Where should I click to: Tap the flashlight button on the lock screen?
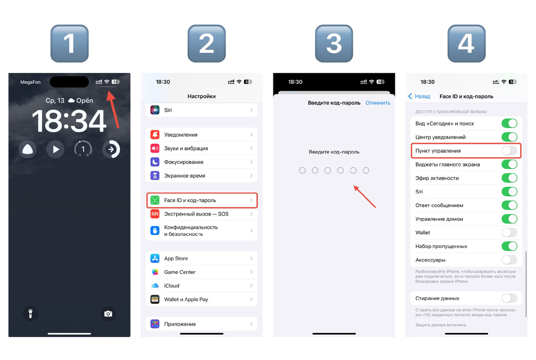tap(30, 314)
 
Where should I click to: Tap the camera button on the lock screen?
tap(108, 314)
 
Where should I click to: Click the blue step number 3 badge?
tap(334, 43)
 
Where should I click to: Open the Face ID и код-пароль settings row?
tap(202, 200)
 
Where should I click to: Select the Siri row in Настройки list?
tap(202, 110)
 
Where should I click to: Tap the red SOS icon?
tap(155, 214)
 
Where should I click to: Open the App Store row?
tap(202, 258)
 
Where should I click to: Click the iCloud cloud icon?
tap(155, 285)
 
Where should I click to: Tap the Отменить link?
tap(377, 103)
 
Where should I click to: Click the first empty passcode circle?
tap(302, 170)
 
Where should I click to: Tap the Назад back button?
tap(419, 96)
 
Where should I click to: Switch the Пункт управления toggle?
tap(510, 151)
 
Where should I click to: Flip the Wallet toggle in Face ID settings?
tap(510, 233)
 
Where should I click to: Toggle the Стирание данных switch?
tap(510, 298)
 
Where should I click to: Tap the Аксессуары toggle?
tap(510, 260)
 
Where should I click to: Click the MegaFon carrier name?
tap(30, 82)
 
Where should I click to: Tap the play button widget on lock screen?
tap(55, 149)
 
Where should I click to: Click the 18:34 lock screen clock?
tap(69, 121)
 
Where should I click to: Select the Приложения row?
tap(202, 324)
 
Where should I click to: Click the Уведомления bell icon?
tap(155, 135)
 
